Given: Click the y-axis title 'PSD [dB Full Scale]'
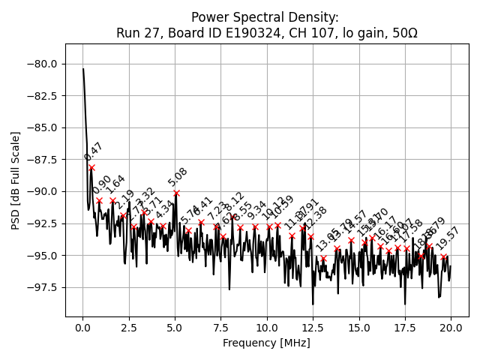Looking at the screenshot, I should coord(16,180).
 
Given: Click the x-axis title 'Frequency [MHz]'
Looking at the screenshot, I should coord(266,343).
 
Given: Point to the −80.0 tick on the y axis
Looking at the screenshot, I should coord(44,64).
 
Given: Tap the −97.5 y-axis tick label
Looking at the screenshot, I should coord(44,287).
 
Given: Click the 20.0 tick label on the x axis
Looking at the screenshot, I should coord(451,328).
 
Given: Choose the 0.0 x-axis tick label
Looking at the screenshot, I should coord(83,328).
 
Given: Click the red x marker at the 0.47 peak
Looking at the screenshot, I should coord(91,167).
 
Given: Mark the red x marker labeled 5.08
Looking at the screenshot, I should coord(176,193).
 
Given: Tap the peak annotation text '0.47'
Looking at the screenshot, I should coord(94,151).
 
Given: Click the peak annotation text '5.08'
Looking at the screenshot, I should coord(178,177).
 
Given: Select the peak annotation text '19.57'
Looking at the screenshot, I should coord(447,239).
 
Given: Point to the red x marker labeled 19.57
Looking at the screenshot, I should coord(443,256).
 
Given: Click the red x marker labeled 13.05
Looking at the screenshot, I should coord(323,259).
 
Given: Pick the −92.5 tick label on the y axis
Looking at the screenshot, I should coord(44,223).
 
